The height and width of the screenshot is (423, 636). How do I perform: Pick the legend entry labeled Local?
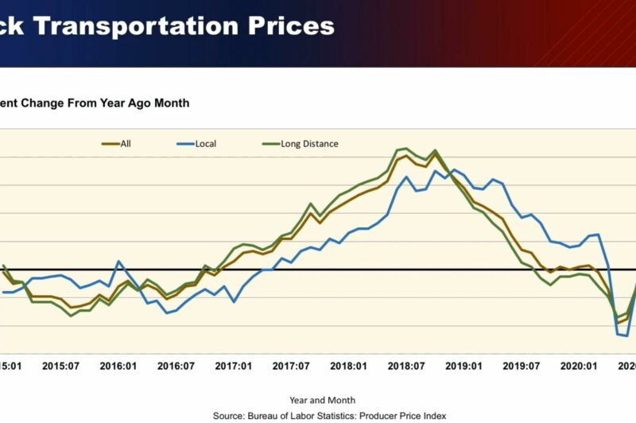(205, 144)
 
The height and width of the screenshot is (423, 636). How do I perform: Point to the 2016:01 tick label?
(117, 367)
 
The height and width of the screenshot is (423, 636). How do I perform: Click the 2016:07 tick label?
(175, 367)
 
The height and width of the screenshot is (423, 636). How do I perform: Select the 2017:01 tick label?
(234, 367)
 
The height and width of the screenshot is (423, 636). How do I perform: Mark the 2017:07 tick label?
(291, 367)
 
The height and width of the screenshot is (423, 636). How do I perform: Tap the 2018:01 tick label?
(349, 367)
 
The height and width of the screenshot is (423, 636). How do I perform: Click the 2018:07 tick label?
(406, 367)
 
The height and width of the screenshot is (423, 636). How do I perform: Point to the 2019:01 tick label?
(464, 367)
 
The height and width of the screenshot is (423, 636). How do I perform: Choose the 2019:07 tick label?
(522, 367)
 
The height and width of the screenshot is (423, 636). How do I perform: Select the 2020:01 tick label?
(580, 367)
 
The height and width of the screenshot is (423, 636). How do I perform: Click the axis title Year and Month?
(322, 400)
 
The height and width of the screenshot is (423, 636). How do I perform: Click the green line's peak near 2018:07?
(406, 148)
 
